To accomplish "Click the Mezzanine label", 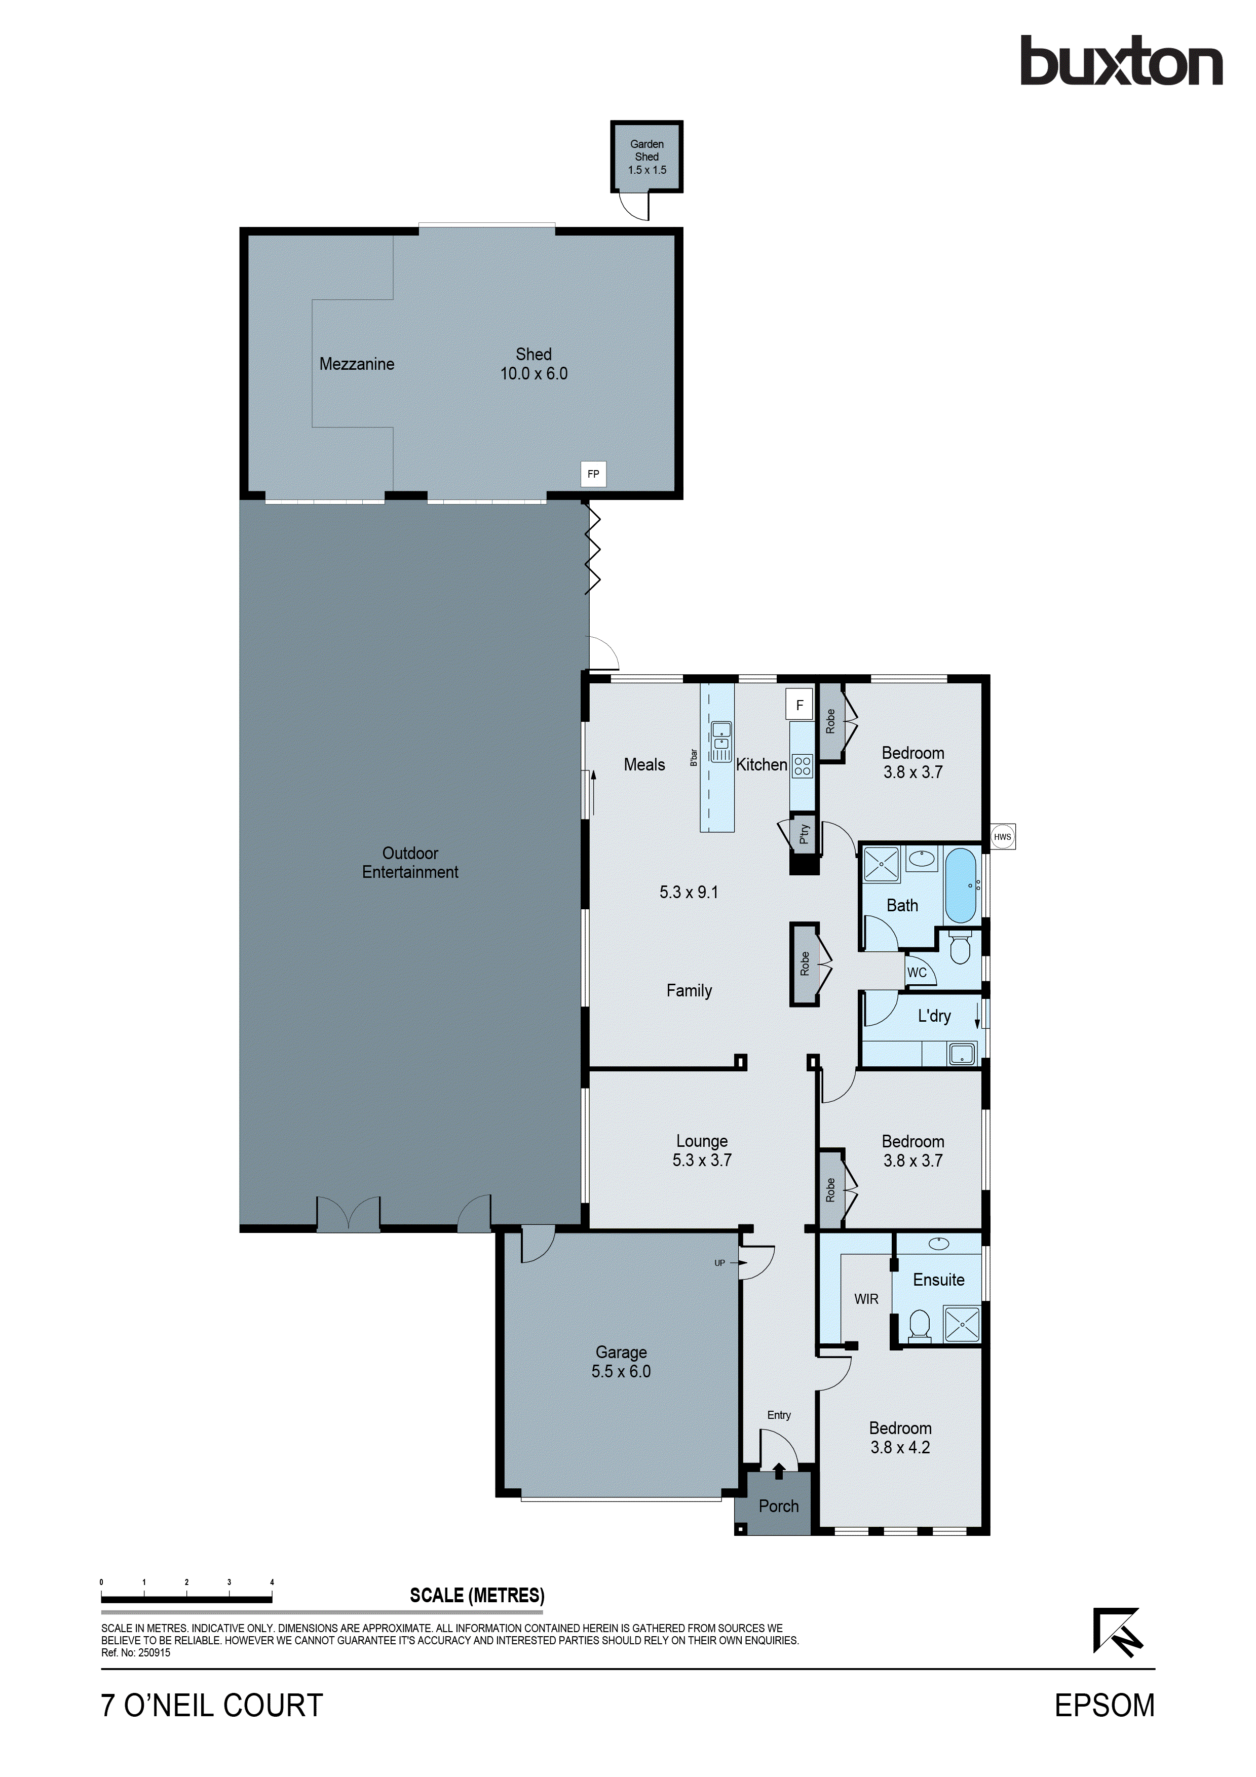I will (357, 364).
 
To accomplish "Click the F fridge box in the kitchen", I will (800, 705).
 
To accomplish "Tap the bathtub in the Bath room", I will (961, 885).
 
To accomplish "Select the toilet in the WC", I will (960, 948).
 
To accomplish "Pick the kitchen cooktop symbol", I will (803, 766).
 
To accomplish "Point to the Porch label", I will (779, 1506).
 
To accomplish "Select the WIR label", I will (866, 1299).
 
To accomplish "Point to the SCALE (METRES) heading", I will (477, 1595).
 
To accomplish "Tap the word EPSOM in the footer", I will (1105, 1706).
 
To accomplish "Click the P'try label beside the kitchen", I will (804, 834).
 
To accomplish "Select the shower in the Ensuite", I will (961, 1324).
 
